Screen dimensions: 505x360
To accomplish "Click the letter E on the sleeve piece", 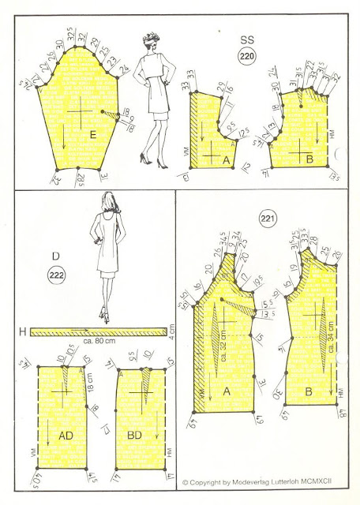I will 93,137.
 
